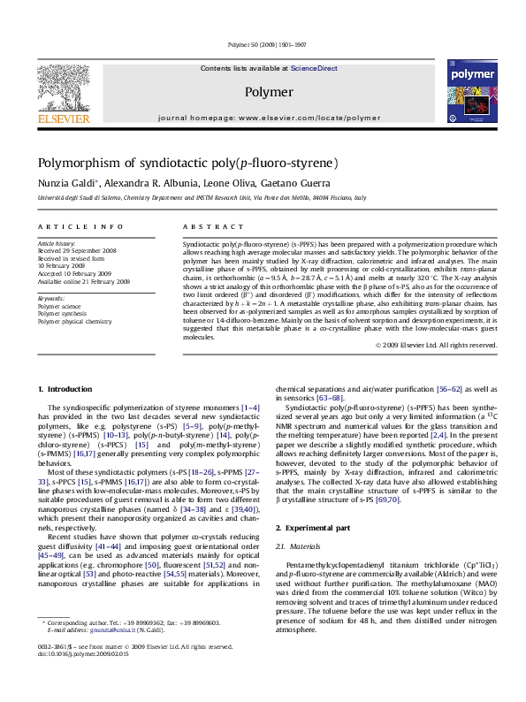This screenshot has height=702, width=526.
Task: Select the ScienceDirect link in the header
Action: point(315,67)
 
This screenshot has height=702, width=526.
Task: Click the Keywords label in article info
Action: point(51,299)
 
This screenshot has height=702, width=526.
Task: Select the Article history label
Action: point(57,241)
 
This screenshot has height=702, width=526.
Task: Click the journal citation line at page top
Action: point(263,43)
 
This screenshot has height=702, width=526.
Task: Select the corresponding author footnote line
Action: point(141,648)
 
